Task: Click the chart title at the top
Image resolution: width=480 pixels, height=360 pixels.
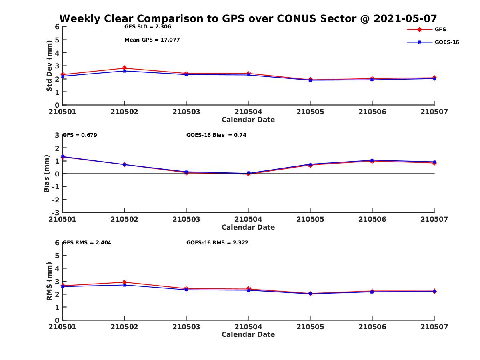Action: point(248,18)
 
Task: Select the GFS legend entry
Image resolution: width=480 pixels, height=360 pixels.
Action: point(440,30)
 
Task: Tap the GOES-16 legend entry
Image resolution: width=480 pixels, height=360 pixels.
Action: point(446,42)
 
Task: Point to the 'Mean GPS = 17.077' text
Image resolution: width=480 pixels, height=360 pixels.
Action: point(152,40)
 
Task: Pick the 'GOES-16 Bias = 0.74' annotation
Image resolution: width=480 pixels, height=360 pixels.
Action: point(216,135)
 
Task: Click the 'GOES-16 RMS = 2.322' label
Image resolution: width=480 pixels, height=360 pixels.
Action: point(217,242)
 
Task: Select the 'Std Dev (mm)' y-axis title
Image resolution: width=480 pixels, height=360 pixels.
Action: point(49,66)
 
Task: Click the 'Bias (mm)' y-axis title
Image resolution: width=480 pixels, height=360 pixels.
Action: point(47,174)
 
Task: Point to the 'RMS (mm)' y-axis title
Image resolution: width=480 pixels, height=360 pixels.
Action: point(49,281)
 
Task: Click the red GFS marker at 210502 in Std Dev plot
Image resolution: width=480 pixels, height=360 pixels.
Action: point(125,68)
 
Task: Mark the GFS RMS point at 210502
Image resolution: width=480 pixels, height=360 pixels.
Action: point(125,282)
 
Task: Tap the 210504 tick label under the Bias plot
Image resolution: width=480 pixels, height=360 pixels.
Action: point(248,219)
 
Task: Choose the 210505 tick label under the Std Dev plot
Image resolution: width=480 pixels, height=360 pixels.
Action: point(310,112)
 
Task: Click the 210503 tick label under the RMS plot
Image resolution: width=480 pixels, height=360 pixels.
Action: point(186,327)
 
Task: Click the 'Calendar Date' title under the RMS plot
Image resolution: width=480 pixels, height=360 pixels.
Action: point(248,335)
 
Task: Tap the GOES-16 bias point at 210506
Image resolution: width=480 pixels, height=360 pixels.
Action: point(372,160)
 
